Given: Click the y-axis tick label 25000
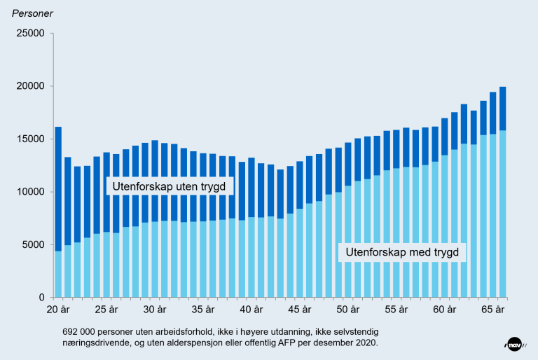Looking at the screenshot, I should pos(30,34).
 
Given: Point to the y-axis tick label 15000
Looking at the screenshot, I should pos(30,139).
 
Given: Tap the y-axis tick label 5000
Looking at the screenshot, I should pos(33,245).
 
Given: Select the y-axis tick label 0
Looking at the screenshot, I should pos(41,298).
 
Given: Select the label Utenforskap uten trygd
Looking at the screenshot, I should pos(169,186).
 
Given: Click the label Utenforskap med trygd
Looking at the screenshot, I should pos(403,252).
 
